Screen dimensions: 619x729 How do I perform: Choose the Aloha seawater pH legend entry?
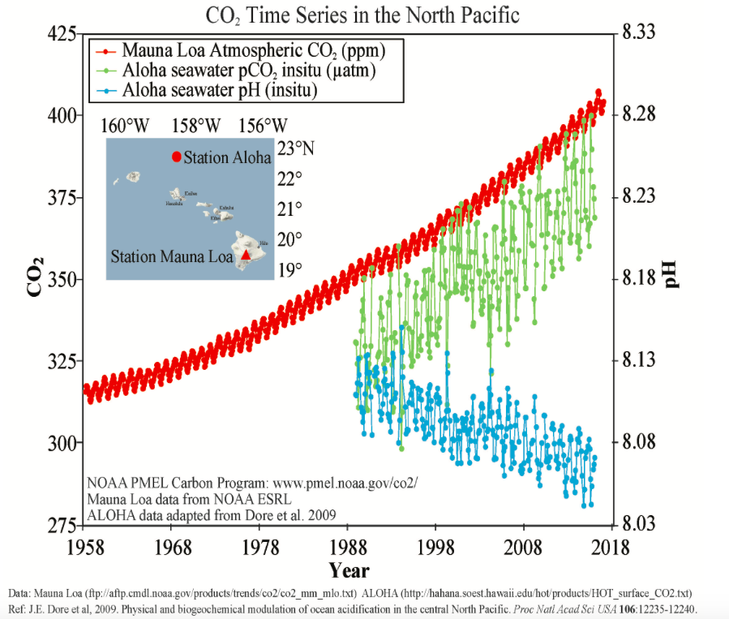point(219,90)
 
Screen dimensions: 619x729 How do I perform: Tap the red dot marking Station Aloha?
point(176,157)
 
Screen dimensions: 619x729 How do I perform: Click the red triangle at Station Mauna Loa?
point(246,256)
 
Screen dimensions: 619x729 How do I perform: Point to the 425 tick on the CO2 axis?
point(62,34)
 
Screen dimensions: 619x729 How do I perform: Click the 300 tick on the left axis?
point(62,443)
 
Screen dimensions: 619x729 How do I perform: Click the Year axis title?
point(349,570)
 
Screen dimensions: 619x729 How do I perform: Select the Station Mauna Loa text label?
point(171,256)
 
